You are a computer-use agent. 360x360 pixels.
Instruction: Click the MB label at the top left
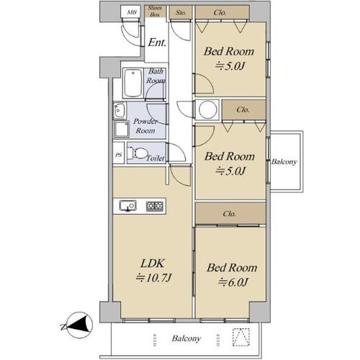pos(132,12)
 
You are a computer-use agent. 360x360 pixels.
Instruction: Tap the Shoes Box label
pos(155,12)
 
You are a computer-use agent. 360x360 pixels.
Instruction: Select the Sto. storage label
pos(181,12)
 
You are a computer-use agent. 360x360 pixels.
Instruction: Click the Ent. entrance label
pos(157,42)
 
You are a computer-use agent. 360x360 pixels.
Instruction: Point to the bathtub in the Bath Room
pos(132,83)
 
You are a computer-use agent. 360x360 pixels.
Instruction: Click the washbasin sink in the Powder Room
pos(120,110)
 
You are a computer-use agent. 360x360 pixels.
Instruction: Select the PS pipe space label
pos(119,155)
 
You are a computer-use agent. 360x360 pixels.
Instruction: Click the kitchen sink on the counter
pos(128,206)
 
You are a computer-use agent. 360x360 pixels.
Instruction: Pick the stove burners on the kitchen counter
pos(155,206)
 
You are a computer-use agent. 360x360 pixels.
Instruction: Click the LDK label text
pos(153,264)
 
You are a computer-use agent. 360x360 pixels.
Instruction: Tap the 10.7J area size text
pos(153,278)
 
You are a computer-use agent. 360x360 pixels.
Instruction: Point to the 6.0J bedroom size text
pos(233,282)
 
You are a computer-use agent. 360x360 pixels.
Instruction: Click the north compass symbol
pos(79,325)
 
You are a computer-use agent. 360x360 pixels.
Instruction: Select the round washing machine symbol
pos(207,109)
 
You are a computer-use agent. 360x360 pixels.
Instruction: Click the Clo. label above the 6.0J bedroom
pos(229,214)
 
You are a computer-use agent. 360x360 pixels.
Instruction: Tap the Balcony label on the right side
pos(284,162)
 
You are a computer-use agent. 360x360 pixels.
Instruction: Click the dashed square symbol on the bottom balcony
pos(241,337)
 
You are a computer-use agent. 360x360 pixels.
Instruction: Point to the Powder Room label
pos(145,126)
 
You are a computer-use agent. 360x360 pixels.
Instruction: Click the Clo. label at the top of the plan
pos(220,12)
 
